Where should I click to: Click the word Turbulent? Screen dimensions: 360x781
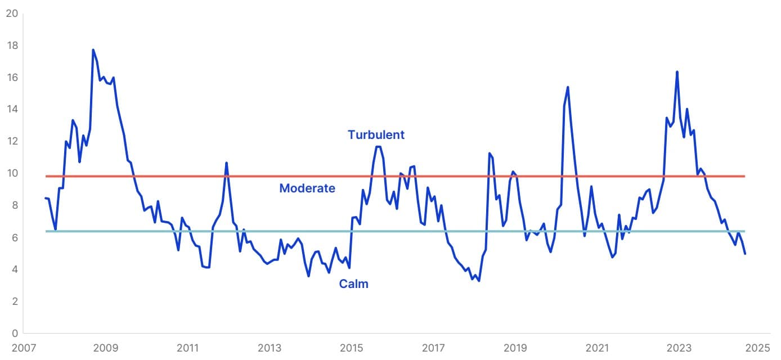376,135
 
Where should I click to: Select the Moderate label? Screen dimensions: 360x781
307,188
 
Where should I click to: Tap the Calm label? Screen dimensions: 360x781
353,284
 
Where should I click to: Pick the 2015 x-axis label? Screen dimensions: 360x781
352,348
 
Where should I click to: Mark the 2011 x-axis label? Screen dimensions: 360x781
188,348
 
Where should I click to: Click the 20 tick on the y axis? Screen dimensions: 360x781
11,13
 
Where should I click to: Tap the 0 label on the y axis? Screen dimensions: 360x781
14,333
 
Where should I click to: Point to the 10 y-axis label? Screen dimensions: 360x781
11,173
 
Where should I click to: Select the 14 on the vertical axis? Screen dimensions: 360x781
11,109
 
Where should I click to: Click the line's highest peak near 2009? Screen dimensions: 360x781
93,49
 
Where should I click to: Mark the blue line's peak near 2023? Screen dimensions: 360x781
677,71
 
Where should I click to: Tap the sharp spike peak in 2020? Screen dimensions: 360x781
568,87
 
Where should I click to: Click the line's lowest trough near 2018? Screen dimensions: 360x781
479,281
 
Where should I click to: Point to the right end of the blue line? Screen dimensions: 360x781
745,254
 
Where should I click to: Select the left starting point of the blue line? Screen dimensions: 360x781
45,198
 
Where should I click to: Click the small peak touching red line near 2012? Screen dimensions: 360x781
226,163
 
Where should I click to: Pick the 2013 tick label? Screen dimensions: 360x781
270,348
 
